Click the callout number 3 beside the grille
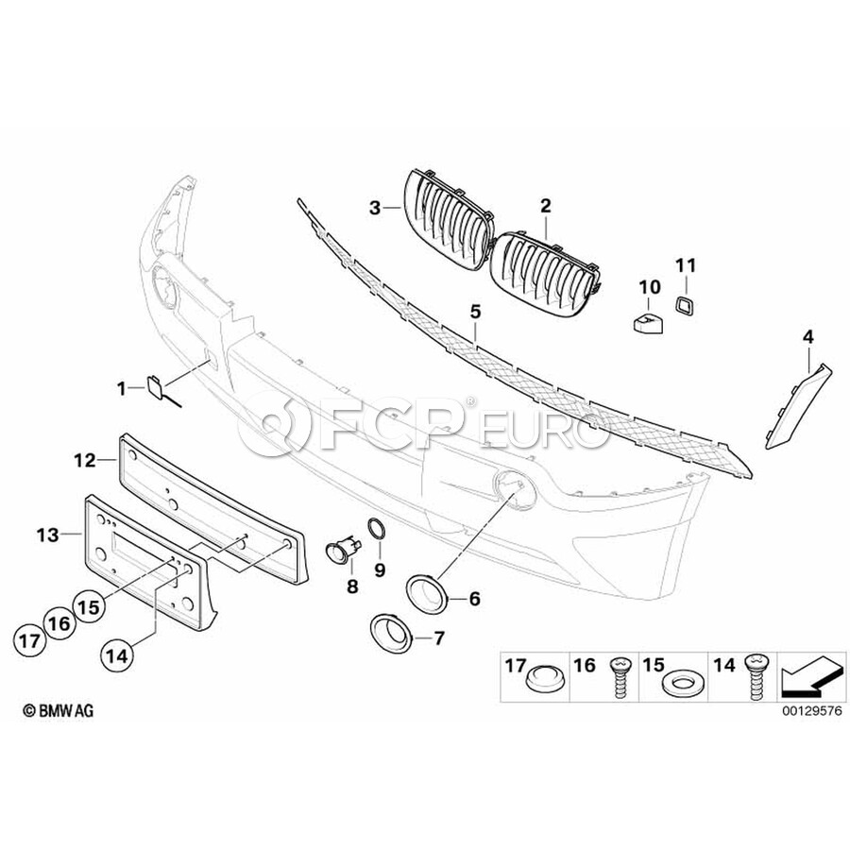(375, 208)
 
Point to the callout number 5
(475, 312)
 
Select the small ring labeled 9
(376, 529)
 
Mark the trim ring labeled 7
(391, 632)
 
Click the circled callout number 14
(117, 656)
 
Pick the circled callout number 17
(30, 641)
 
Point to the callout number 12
(85, 461)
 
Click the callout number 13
(48, 535)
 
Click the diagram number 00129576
(812, 710)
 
